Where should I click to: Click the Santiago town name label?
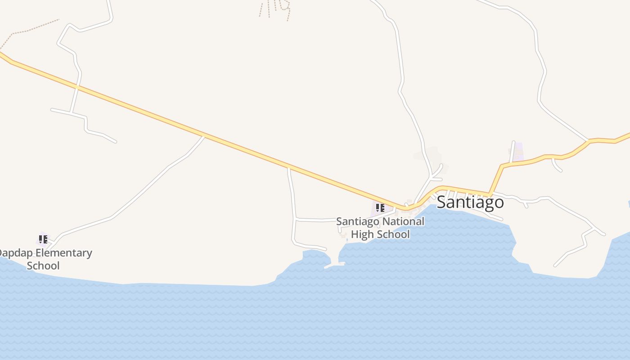[470, 202]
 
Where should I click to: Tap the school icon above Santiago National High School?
[380, 207]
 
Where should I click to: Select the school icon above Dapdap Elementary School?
[43, 239]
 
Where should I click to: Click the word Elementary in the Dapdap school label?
[64, 253]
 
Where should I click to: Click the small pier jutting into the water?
[334, 265]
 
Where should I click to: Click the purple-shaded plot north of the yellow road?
[518, 152]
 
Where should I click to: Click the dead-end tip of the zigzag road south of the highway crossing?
[115, 142]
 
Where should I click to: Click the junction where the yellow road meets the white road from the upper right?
[588, 141]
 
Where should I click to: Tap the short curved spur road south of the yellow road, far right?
[557, 166]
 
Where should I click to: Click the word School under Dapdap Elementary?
[43, 265]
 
